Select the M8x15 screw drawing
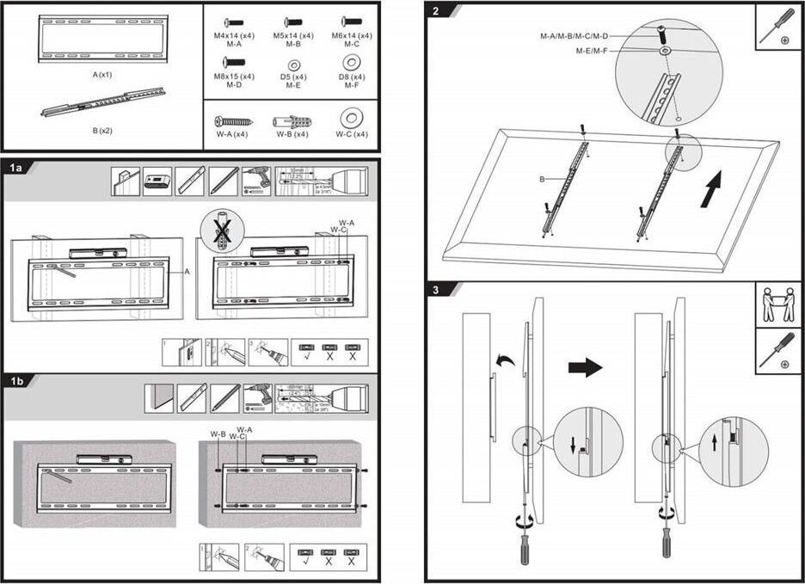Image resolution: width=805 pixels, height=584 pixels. (234, 62)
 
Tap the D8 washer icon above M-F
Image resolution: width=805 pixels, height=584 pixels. (351, 63)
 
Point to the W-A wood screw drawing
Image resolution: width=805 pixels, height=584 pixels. (233, 121)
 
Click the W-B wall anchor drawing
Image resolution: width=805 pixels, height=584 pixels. (292, 121)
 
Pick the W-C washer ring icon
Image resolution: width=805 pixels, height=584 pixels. (351, 119)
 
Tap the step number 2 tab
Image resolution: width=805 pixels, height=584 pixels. (439, 11)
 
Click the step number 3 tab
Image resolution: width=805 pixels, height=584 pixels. (439, 290)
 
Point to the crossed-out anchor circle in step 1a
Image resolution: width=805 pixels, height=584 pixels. (222, 231)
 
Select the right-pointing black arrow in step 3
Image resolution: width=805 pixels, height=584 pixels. (585, 367)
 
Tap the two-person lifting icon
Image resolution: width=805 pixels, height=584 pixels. (778, 304)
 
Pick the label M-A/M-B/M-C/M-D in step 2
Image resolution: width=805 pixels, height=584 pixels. (574, 36)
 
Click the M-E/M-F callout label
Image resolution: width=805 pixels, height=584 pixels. (593, 51)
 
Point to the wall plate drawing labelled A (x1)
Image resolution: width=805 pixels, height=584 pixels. (102, 40)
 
